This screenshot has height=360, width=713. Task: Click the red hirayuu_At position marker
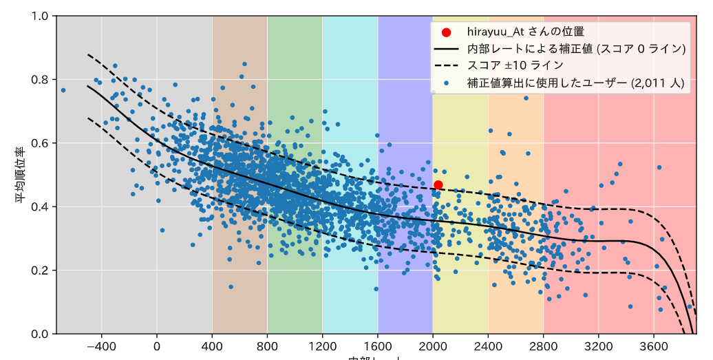438,184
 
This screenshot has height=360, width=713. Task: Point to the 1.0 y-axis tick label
41,16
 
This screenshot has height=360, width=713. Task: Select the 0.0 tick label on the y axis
41,334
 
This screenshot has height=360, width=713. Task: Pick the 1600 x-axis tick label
378,346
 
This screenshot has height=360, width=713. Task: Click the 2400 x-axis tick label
488,346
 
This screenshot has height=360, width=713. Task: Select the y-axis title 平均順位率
22,175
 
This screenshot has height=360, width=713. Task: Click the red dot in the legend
447,32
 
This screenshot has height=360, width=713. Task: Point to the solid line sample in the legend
447,49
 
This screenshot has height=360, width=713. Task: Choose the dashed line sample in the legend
447,65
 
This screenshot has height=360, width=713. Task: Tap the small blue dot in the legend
447,82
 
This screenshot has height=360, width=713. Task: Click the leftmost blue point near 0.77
63,90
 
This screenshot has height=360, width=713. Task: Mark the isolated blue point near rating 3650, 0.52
659,167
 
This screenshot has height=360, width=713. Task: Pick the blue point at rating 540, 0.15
231,286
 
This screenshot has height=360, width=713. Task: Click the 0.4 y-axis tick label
41,207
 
